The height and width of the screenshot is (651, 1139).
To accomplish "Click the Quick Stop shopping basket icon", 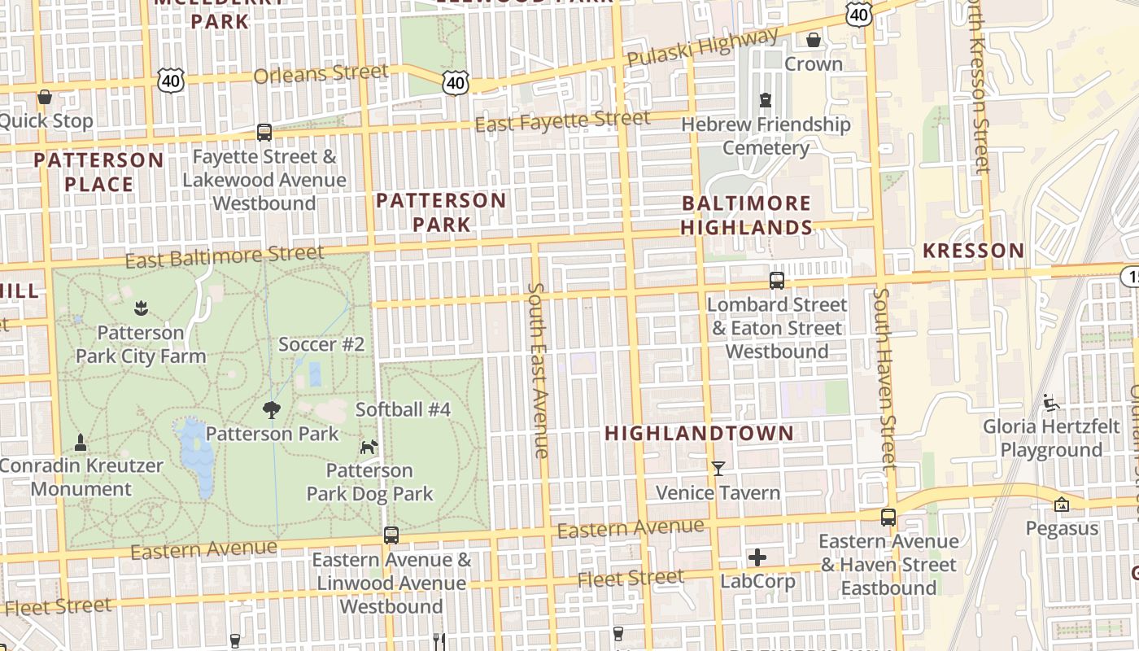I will tap(45, 97).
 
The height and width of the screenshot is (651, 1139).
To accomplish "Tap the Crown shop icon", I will tap(813, 40).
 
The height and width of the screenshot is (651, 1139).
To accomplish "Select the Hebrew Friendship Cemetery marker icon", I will tap(765, 100).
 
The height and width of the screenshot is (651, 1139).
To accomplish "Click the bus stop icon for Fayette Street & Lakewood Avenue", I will tap(264, 132).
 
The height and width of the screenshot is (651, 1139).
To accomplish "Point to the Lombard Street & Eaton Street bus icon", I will tap(777, 280).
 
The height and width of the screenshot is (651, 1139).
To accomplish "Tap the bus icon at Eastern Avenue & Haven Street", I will tap(888, 517).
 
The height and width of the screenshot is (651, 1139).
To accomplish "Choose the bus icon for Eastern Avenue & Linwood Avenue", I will tap(391, 535).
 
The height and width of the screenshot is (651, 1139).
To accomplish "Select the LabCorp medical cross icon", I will tap(757, 557).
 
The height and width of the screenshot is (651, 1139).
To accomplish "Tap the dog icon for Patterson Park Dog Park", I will tap(369, 447).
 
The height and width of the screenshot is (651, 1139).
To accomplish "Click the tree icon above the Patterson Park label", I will tap(271, 409).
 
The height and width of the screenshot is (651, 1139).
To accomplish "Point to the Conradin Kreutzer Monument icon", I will tap(81, 442).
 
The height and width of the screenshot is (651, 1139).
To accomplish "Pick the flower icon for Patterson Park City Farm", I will tap(141, 308).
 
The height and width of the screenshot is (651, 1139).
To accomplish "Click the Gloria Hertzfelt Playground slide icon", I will tap(1051, 402).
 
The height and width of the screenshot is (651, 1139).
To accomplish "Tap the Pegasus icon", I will tap(1061, 505).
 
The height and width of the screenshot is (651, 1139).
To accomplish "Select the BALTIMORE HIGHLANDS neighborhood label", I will tap(746, 215).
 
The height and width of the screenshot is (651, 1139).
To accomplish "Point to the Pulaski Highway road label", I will tap(702, 48).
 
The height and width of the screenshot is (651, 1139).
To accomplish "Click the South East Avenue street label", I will tap(537, 370).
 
